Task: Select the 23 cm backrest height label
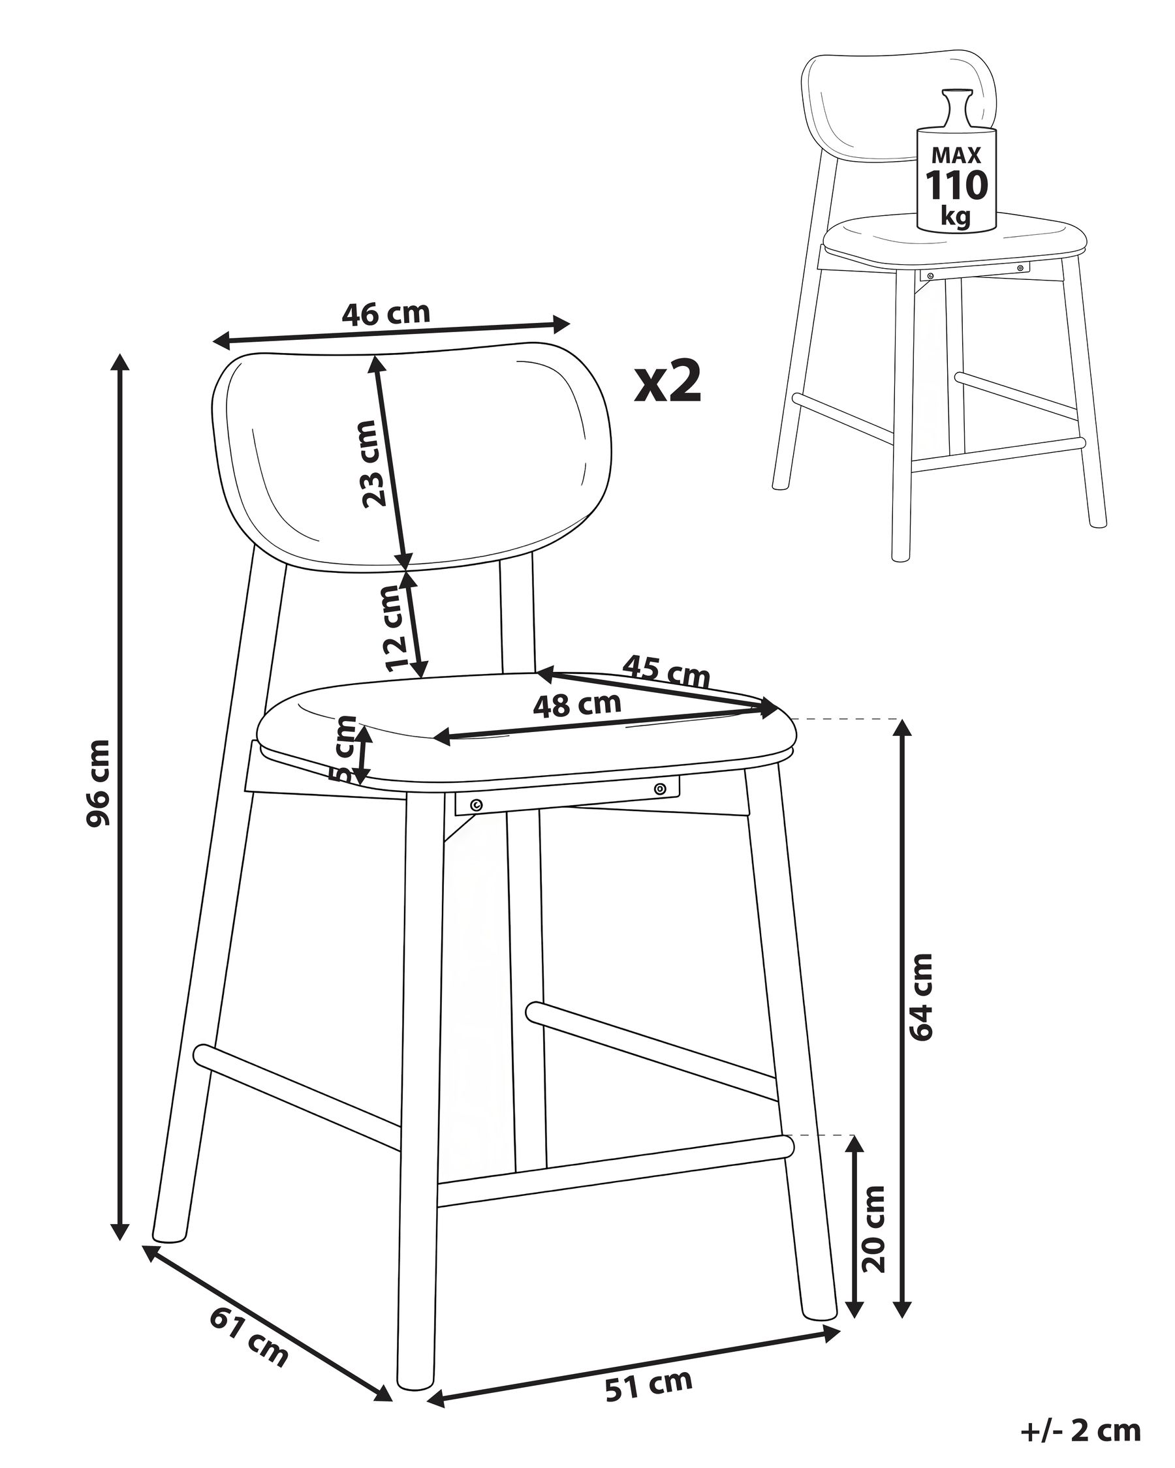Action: coord(371,463)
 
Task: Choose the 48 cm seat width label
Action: coord(577,705)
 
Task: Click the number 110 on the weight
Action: coord(956,185)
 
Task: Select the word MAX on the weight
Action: coord(956,155)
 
